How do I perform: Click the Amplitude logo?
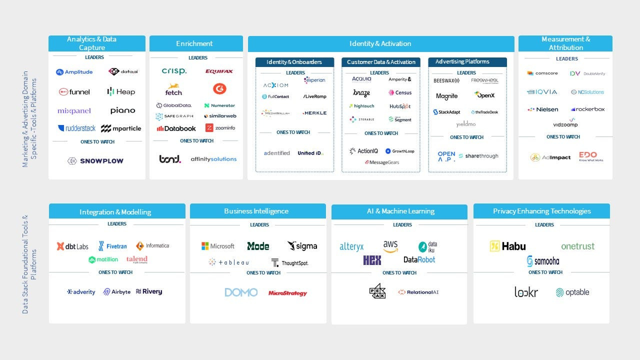74,72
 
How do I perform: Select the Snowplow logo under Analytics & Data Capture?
95,161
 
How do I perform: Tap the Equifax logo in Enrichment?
219,71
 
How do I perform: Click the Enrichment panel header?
196,43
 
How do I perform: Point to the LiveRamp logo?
314,96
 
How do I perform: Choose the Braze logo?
361,93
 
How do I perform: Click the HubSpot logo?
400,106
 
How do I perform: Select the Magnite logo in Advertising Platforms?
446,96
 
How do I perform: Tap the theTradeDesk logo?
484,112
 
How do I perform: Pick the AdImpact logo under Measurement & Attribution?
550,157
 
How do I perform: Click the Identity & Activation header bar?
380,44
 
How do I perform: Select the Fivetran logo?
112,246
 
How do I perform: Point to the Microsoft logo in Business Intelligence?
217,246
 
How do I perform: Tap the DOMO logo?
241,292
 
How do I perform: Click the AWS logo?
390,245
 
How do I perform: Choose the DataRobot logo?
419,259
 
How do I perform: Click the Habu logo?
507,246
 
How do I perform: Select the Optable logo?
572,292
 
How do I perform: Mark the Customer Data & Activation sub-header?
381,62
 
